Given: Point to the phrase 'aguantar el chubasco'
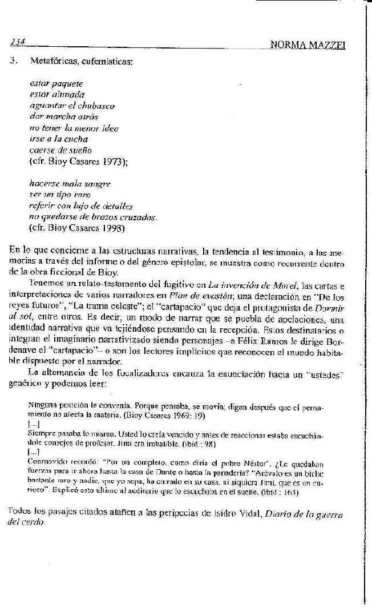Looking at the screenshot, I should click(72, 106).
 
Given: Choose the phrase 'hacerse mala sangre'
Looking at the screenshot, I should click(70, 183).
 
